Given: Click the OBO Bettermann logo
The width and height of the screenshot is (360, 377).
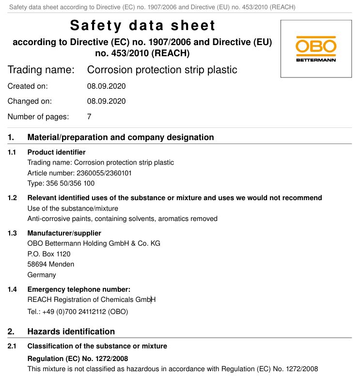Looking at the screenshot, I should tap(316, 48).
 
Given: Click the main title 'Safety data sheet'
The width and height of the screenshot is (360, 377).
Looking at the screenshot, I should tap(142, 25).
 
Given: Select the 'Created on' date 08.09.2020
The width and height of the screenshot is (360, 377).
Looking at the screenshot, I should tap(106, 86).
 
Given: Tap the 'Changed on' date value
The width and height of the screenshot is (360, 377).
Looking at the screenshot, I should tap(106, 101).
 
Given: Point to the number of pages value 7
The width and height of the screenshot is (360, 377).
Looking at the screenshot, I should tap(89, 116).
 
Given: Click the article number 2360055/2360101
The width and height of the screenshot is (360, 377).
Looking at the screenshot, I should tap(104, 173).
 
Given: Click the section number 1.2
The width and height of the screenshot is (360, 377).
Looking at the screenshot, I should tap(12, 198).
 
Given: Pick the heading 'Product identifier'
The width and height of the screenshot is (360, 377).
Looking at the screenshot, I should tap(56, 152).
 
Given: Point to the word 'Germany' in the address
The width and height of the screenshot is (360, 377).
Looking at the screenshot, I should tap(42, 275).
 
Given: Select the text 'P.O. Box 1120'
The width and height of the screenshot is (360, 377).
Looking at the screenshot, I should tap(49, 254).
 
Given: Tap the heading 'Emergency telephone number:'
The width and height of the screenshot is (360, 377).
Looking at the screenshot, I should tap(78, 289).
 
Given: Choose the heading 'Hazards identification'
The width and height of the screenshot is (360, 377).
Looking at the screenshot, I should tap(71, 331).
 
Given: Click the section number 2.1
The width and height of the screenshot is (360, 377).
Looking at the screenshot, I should tap(12, 346).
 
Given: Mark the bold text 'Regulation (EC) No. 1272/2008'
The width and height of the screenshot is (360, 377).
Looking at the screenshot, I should tap(78, 359).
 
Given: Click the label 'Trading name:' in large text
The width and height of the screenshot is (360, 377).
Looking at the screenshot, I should tap(41, 70).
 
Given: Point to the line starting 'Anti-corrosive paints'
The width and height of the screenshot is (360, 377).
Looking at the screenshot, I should tap(122, 219).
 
